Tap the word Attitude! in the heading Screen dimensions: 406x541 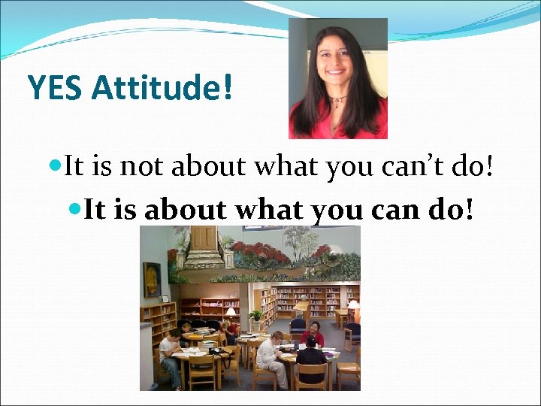point(162,88)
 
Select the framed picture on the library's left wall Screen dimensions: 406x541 point(152,280)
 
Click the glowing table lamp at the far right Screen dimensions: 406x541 point(353,305)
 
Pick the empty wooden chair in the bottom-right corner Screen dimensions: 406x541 point(349,371)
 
